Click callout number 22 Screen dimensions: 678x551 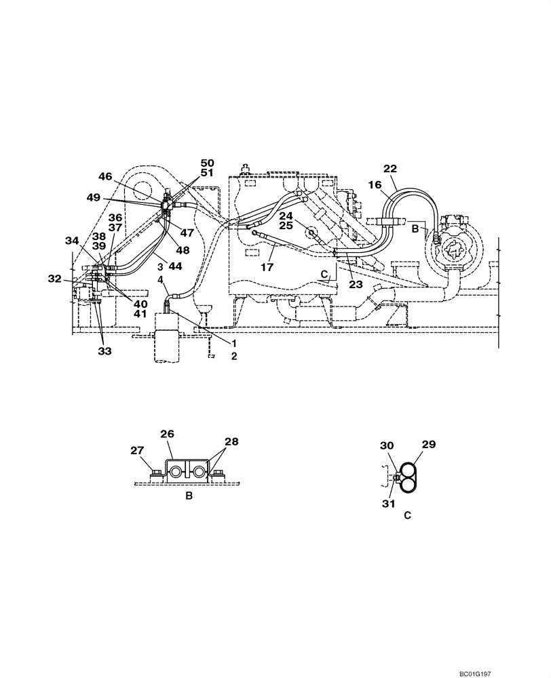[389, 169]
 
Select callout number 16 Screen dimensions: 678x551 [375, 184]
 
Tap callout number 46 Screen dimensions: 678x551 [104, 177]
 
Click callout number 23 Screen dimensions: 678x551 [356, 285]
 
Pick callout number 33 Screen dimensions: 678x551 [104, 351]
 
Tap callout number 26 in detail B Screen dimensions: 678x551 [168, 433]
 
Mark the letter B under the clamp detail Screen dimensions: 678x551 [189, 496]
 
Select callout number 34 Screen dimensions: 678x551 [72, 241]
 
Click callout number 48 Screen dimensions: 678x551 [182, 250]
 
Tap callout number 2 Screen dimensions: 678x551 [233, 355]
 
